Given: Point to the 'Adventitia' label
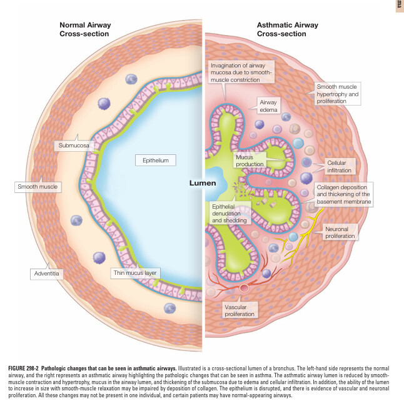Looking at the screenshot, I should click(x=46, y=274).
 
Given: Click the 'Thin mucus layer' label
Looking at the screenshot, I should click(x=136, y=273).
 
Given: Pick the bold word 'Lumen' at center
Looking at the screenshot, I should click(x=202, y=184).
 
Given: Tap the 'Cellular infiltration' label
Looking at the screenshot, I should click(x=340, y=166).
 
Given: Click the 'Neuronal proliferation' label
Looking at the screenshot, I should click(x=340, y=232).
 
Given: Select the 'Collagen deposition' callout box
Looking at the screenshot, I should click(x=345, y=194).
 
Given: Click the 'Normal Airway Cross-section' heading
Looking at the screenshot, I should click(x=85, y=29).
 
